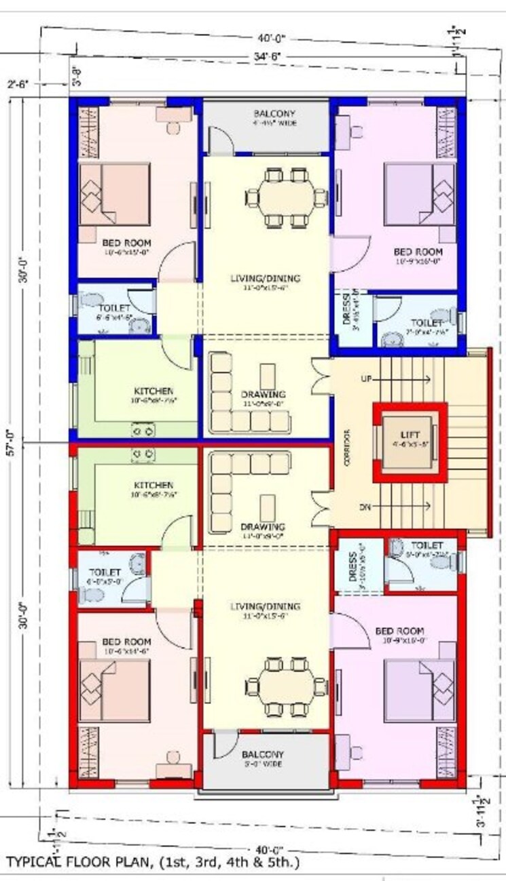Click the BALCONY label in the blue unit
[x=270, y=113]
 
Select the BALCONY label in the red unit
[x=263, y=754]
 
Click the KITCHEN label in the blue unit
[x=153, y=391]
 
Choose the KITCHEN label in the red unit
[x=153, y=486]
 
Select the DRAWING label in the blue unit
[x=263, y=394]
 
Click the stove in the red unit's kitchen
[x=143, y=452]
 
